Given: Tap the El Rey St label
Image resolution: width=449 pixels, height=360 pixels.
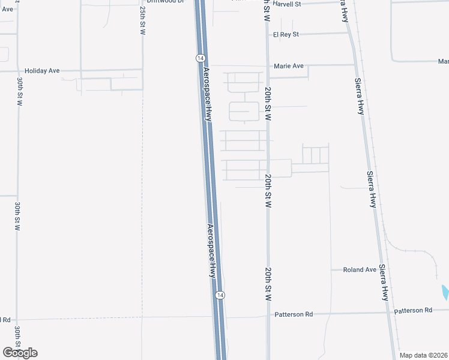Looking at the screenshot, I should [x=286, y=34].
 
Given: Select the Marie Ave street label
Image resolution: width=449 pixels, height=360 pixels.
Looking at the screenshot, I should [x=289, y=65].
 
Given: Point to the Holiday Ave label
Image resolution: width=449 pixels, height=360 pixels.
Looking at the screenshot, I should [x=42, y=71].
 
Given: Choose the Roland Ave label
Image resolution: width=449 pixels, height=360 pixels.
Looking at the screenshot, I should [x=360, y=270].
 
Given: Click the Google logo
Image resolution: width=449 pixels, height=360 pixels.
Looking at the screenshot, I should [x=20, y=353].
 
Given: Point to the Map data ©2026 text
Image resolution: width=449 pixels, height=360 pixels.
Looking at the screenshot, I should [x=423, y=355].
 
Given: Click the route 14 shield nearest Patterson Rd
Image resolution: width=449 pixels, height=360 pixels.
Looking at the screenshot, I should [x=220, y=295].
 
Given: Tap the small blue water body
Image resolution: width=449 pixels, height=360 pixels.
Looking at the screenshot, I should [x=445, y=292].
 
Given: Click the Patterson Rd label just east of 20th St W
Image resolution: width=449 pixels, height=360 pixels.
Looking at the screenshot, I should [x=294, y=314].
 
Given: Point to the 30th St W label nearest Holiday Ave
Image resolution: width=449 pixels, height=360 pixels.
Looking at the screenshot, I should [x=19, y=92].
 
